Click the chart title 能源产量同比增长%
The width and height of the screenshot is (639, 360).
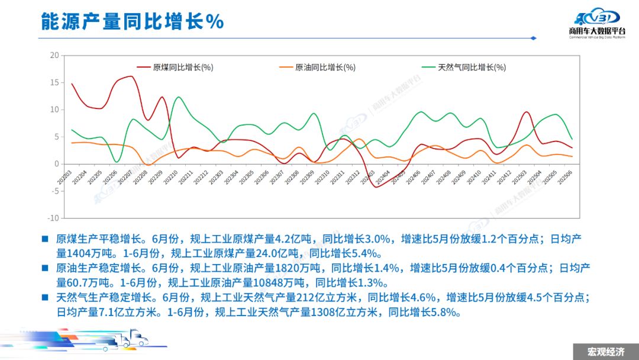[132, 21]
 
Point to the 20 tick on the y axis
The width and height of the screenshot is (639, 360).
[54, 56]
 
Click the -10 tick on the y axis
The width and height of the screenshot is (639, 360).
[53, 218]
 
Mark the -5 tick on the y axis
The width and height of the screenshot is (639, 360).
[54, 191]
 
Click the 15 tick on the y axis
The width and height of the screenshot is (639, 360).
[54, 83]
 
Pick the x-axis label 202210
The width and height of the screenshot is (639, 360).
[173, 177]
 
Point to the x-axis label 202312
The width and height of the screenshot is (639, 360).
[353, 177]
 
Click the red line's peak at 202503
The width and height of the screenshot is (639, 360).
[527, 112]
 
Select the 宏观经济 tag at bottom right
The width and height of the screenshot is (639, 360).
[605, 352]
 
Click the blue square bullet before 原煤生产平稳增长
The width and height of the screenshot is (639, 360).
[44, 239]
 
